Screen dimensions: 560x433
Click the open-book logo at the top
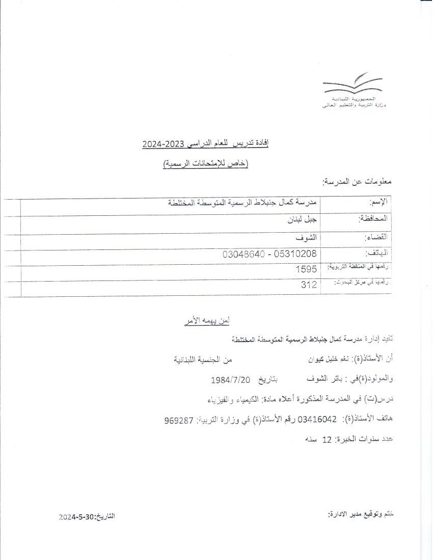coord(353,85)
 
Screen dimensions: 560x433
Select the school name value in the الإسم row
coord(242,203)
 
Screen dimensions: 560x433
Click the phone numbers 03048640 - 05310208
coord(269,253)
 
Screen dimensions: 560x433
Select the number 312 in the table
coord(309,285)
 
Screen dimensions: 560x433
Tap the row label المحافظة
coord(373,219)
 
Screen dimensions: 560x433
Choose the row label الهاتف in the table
coord(376,253)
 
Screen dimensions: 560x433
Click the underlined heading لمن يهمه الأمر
coord(207,321)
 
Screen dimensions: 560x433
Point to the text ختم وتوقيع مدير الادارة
coord(361,514)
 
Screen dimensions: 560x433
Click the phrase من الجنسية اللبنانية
coord(203,359)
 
